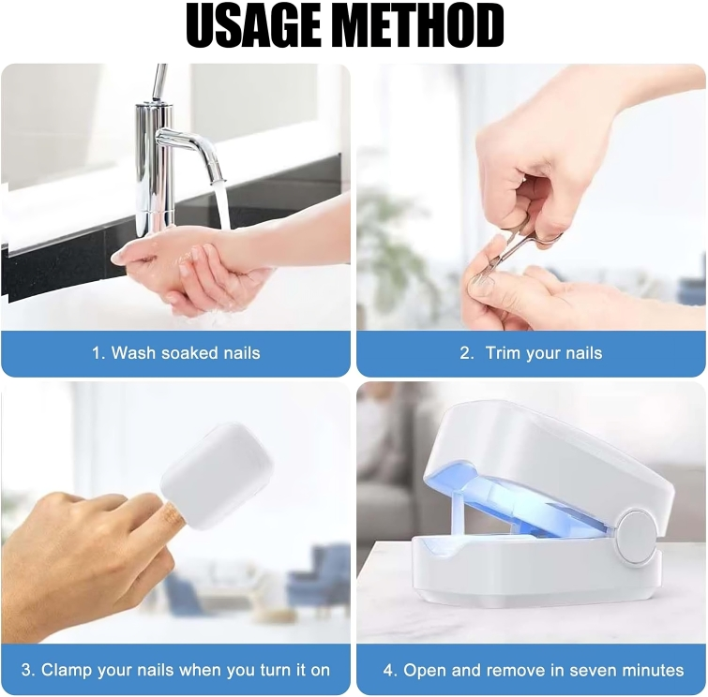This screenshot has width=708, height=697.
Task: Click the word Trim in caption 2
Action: click(501, 353)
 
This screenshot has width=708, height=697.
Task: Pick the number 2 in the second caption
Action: click(466, 353)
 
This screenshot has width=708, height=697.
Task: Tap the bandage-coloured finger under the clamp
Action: click(173, 515)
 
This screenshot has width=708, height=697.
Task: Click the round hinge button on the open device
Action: click(637, 537)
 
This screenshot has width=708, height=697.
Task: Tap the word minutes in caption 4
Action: click(654, 671)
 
